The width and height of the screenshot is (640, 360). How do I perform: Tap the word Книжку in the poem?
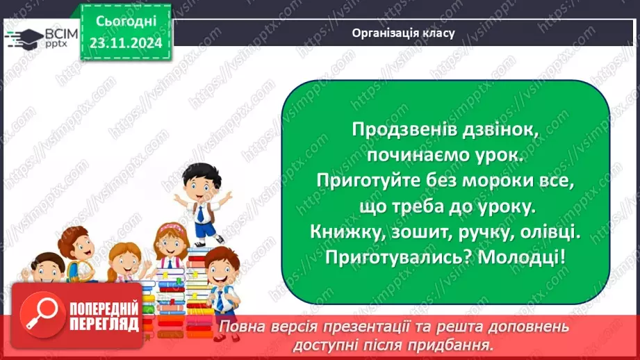pos(343,232)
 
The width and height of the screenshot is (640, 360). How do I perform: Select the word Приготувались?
pos(389,257)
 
